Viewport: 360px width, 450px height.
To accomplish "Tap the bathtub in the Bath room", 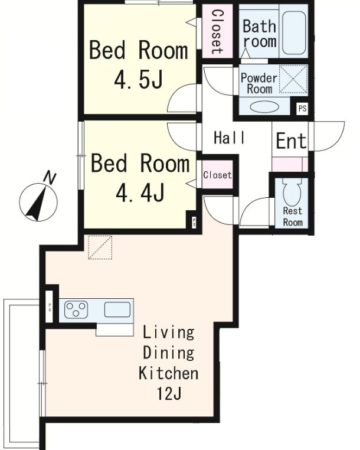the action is pyautogui.click(x=294, y=32).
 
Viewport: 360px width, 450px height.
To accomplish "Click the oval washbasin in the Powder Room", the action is pyautogui.click(x=264, y=107).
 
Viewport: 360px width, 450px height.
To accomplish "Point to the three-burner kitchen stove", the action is pyautogui.click(x=76, y=309).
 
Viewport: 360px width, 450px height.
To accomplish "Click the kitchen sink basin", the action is pyautogui.click(x=117, y=309).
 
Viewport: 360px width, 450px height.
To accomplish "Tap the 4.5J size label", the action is pyautogui.click(x=139, y=80).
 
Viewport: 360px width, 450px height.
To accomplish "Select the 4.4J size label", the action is pyautogui.click(x=140, y=193).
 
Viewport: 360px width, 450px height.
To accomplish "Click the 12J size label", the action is pyautogui.click(x=169, y=393).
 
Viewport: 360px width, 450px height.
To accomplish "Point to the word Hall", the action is pyautogui.click(x=230, y=138).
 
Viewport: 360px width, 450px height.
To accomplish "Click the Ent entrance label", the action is pyautogui.click(x=291, y=141).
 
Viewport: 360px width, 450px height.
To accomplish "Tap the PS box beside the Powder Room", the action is pyautogui.click(x=302, y=109).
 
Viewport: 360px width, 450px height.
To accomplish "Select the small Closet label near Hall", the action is pyautogui.click(x=217, y=175).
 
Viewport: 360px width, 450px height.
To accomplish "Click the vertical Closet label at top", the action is pyautogui.click(x=217, y=32).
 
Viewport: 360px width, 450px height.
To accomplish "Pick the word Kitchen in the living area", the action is pyautogui.click(x=168, y=373).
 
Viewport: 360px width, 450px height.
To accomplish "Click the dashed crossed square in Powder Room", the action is pyautogui.click(x=293, y=79).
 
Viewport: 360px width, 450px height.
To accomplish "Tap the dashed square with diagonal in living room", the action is pyautogui.click(x=100, y=247).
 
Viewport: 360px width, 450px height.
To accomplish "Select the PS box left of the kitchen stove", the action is pyautogui.click(x=50, y=306).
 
